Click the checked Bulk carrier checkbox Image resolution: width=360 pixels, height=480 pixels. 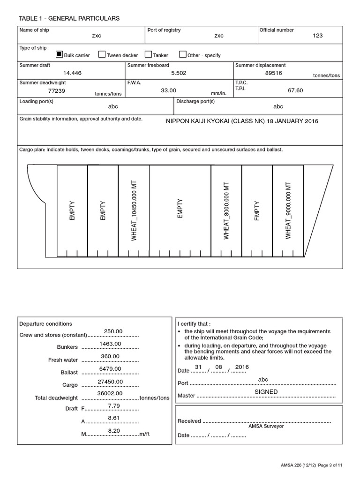[59, 54]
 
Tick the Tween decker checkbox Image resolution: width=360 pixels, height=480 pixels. [102, 54]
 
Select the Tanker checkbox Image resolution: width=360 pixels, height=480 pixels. [148, 54]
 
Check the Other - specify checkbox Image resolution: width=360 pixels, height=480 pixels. [183, 54]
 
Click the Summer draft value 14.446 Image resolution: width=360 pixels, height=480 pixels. [72, 73]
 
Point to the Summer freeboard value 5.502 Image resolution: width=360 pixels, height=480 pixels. [180, 73]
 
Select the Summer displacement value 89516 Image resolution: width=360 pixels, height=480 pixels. [273, 73]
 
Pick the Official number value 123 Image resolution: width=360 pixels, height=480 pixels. [317, 36]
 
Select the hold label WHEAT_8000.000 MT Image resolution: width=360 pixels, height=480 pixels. [226, 210]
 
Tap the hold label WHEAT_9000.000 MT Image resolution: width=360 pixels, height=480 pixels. [288, 210]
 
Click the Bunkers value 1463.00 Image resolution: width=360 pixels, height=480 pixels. [110, 344]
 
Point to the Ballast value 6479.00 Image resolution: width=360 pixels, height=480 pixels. [110, 369]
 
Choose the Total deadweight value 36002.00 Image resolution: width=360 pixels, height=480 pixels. [110, 394]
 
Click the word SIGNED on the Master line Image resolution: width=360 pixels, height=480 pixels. [266, 392]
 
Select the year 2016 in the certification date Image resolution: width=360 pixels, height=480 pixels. [242, 367]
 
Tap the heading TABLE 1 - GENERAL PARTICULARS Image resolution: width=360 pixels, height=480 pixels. [69, 18]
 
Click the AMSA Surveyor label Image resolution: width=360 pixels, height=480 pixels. [266, 426]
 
